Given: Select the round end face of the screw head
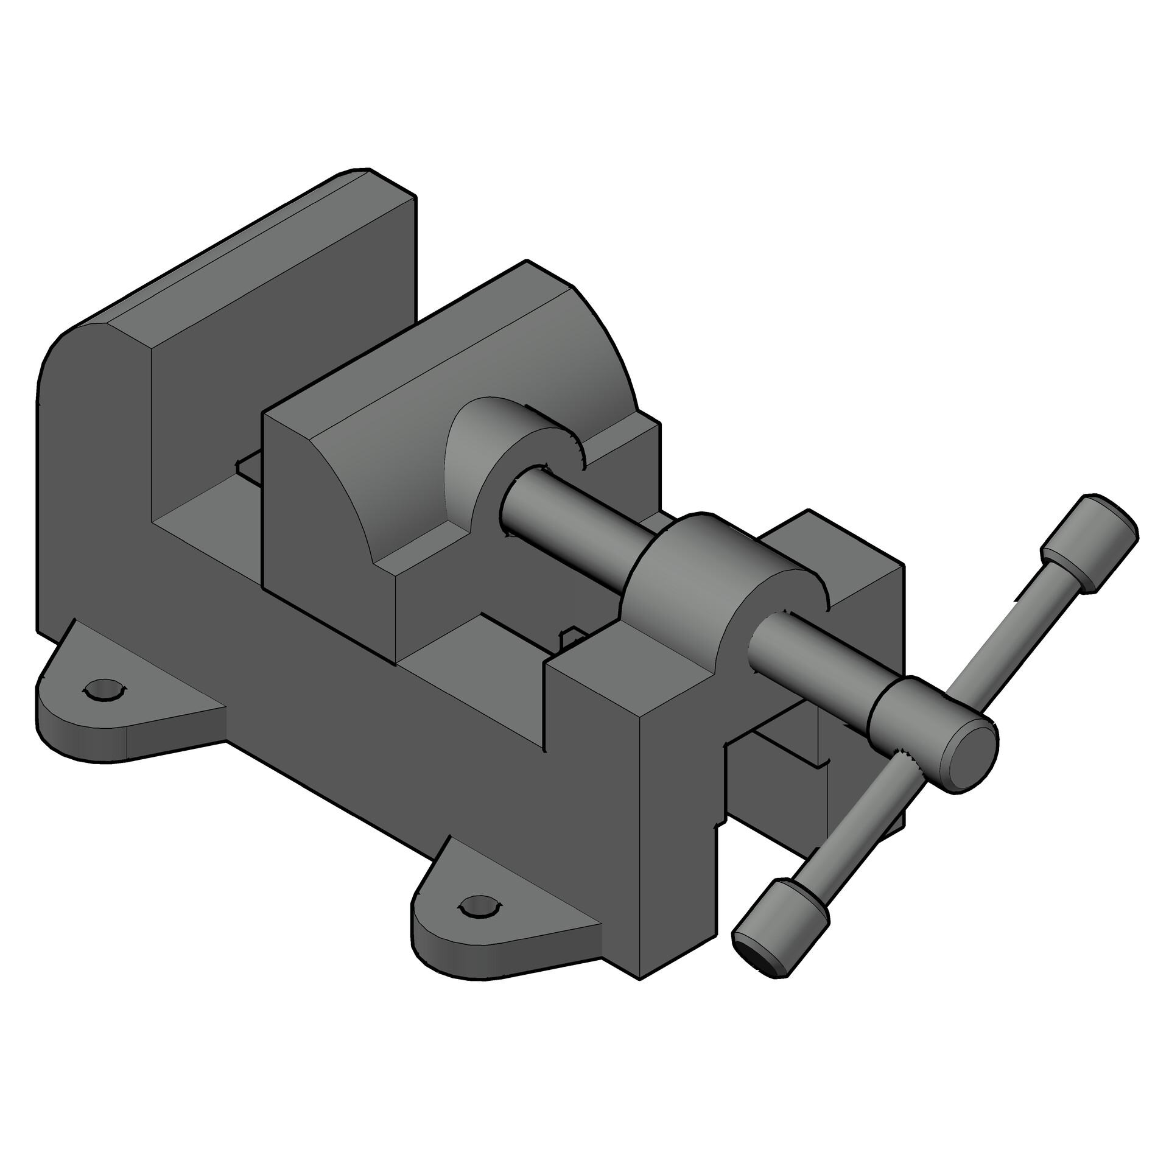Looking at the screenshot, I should point(969,758).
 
